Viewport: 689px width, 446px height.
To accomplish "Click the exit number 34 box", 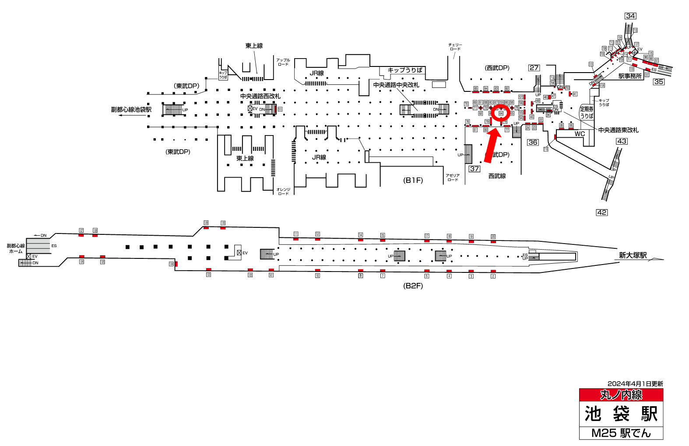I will click(630, 16).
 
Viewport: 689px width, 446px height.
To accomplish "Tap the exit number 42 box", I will click(602, 213).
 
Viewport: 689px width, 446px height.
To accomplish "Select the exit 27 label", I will click(534, 68).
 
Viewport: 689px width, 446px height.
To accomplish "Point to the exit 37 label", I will click(475, 169).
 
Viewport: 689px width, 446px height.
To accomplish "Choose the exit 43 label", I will click(622, 141).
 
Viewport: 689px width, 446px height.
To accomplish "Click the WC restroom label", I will click(580, 134).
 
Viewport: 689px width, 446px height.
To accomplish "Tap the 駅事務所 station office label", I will click(630, 76).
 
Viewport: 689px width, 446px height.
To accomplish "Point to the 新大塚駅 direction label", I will click(633, 255).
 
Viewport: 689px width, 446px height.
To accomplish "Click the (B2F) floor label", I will click(413, 286).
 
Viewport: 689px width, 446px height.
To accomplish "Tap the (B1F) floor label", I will click(413, 180).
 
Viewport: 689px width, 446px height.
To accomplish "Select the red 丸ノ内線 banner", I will click(621, 395).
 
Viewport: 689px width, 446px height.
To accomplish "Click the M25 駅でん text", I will click(621, 433).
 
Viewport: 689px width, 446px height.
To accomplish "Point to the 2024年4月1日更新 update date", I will click(635, 384).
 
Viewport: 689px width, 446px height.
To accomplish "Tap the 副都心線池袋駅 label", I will click(131, 109).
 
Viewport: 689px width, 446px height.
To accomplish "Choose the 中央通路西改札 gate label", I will click(260, 96).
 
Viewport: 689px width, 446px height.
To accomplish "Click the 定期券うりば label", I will click(587, 112).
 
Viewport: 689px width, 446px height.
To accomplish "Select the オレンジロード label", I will click(283, 192).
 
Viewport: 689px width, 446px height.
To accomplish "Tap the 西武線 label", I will click(497, 176).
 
